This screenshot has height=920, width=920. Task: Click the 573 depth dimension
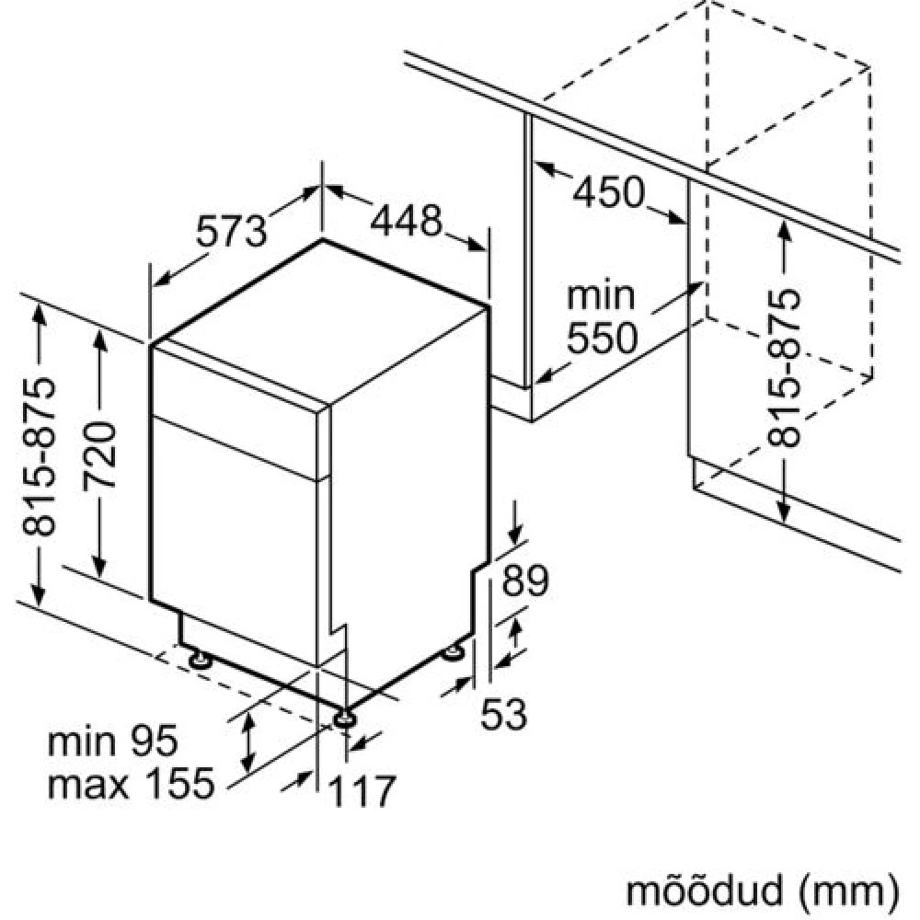coord(231,230)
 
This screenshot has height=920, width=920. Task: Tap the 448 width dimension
coord(406,220)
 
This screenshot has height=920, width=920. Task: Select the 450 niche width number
coord(608,192)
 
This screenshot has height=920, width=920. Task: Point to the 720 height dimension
coord(99,454)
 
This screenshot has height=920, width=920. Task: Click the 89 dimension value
coord(525,581)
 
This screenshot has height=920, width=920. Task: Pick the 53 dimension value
coord(503,714)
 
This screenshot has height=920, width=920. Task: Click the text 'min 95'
coord(112,741)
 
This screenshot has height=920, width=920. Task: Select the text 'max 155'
coord(131,783)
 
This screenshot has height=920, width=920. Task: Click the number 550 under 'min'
coord(602,338)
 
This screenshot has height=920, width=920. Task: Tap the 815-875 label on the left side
coord(39,457)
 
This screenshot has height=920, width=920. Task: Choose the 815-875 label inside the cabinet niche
coord(783,367)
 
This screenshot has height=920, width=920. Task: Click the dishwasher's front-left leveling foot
coord(200,660)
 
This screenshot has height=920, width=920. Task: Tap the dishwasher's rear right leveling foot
coord(453,652)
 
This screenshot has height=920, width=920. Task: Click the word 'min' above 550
coord(601,295)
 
